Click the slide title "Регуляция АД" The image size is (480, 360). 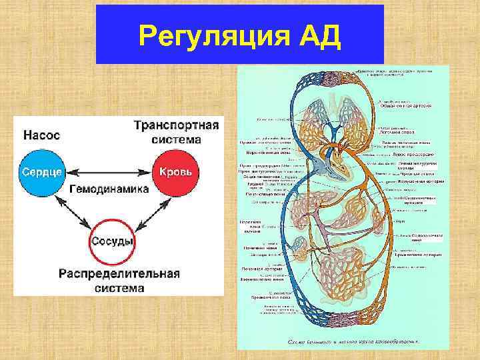[x=240, y=35]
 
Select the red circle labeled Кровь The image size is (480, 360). [x=177, y=171]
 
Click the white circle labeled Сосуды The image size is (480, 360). [x=111, y=241]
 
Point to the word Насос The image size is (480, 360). [x=41, y=135]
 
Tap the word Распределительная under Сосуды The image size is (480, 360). [x=119, y=274]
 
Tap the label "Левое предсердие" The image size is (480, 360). [x=406, y=154]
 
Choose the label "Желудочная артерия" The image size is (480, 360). [x=417, y=181]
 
